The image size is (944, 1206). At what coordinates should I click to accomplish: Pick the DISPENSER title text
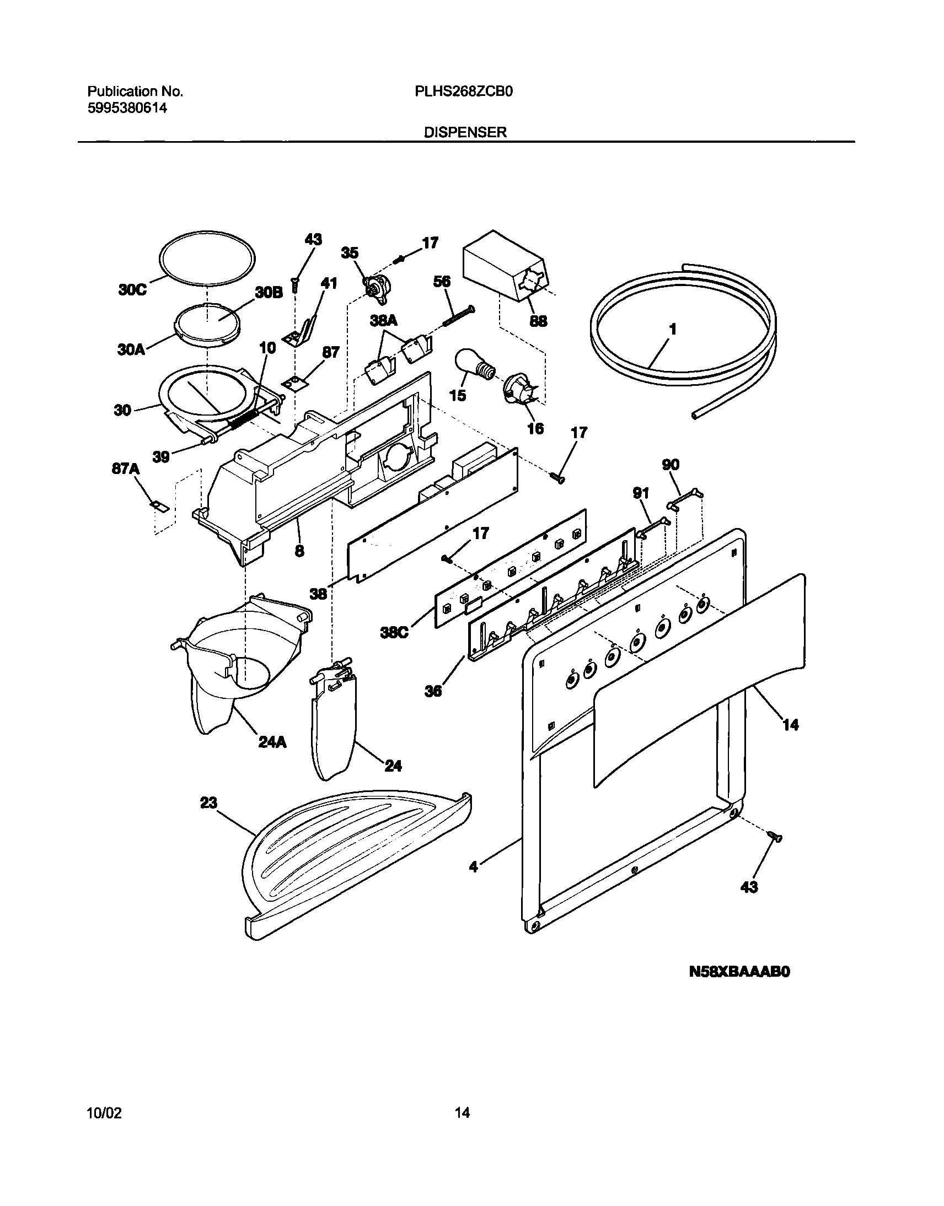(465, 133)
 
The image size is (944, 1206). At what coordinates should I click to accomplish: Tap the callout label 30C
(132, 290)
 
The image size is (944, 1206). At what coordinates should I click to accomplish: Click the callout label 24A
(272, 742)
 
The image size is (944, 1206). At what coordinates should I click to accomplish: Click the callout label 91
(641, 493)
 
